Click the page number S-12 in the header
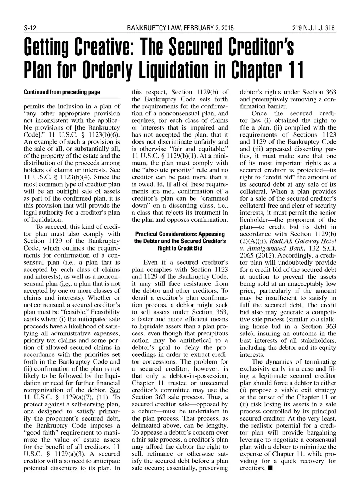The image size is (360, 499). pos(29,28)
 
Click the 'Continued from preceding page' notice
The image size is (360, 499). pos(62,92)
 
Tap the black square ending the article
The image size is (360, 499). pos(269,468)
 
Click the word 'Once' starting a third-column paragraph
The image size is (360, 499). pos(259,114)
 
